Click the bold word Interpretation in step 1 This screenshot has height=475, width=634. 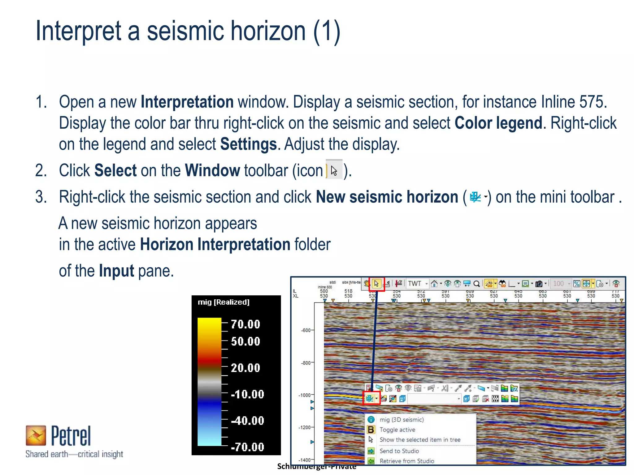187,102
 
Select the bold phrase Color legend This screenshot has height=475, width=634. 498,123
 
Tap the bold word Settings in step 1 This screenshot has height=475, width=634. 248,144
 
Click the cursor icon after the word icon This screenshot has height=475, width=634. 334,170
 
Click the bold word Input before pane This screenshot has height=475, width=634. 116,271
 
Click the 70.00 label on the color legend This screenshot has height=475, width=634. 245,324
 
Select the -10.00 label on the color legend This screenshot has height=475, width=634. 247,394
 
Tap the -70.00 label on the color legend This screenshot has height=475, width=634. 247,447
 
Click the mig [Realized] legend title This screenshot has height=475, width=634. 224,302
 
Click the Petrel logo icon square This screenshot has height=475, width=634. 36,435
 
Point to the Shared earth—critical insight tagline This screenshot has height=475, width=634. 74,454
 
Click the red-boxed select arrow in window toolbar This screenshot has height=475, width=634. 376,284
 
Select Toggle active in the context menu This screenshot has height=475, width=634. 397,430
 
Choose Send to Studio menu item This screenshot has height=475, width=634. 399,451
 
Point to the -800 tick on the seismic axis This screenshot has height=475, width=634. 306,363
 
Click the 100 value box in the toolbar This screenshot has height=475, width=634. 559,284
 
